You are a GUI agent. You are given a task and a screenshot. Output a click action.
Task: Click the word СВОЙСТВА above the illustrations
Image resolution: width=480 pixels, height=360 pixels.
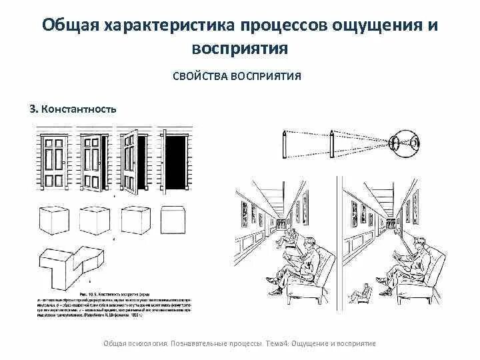tap(202, 76)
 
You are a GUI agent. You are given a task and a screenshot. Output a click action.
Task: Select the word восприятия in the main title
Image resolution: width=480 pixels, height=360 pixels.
tap(239, 48)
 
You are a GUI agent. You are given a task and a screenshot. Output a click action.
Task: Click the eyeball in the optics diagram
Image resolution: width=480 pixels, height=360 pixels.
tap(405, 142)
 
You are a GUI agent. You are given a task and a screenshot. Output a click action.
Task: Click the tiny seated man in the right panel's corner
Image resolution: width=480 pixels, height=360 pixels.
tap(363, 291)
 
